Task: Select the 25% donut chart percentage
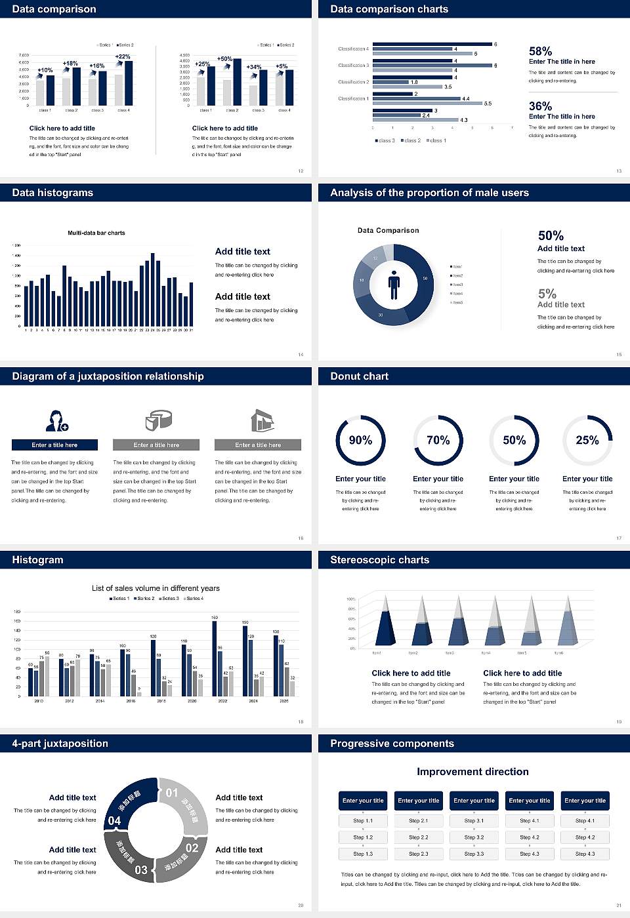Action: tap(587, 440)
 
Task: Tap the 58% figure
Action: tap(540, 51)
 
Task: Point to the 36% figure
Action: tap(540, 106)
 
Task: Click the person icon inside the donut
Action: tap(394, 284)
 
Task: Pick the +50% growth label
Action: tap(224, 59)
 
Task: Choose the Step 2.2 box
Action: tap(419, 837)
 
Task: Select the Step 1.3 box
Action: tap(363, 854)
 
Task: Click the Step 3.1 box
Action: tap(474, 821)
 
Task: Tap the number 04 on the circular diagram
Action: tap(114, 821)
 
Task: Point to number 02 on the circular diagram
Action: tap(192, 848)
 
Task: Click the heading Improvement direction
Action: tap(472, 772)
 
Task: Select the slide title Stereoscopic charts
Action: tap(379, 560)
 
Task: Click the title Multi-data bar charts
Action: tap(96, 233)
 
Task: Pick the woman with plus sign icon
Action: tap(56, 420)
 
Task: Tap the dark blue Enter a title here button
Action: tap(55, 445)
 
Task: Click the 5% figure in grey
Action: tap(547, 294)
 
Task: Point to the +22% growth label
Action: tap(123, 57)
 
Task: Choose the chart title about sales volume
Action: tap(156, 588)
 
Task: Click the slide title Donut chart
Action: tap(359, 376)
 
